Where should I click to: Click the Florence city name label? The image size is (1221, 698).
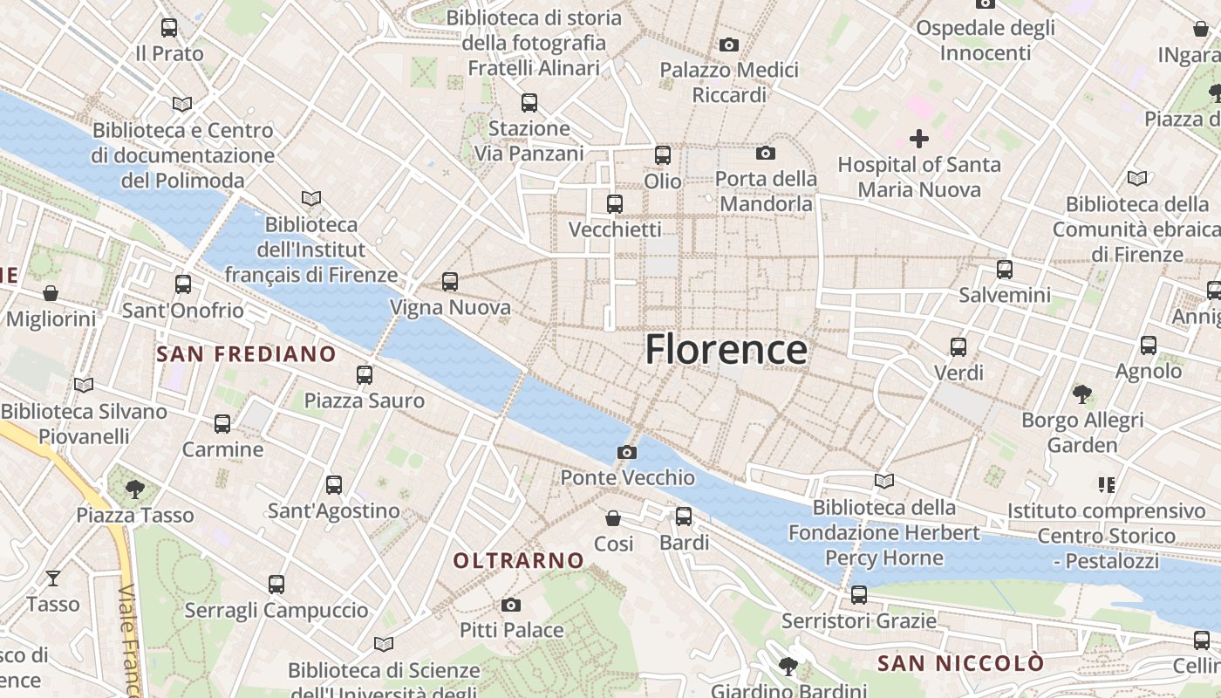click(726, 350)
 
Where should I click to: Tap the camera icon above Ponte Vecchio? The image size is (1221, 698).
click(626, 452)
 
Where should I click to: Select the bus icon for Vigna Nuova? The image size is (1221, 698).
click(450, 282)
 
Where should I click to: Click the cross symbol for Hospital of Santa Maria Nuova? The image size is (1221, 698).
click(918, 138)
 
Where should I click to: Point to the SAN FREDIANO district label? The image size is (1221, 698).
click(246, 353)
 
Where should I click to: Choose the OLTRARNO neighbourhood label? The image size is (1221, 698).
click(518, 560)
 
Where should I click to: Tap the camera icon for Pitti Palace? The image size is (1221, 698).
click(511, 605)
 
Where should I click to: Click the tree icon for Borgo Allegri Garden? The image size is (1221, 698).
click(1082, 394)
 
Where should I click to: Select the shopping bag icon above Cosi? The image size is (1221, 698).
click(614, 518)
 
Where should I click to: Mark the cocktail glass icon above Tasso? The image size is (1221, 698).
click(53, 578)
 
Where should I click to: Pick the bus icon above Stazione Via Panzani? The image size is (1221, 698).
click(529, 103)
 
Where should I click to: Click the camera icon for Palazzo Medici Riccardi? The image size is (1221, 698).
click(729, 44)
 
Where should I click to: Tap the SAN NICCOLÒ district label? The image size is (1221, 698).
click(959, 663)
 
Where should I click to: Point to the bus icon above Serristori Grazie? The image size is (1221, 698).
click(859, 595)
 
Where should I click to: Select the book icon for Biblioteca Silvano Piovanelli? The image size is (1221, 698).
click(84, 385)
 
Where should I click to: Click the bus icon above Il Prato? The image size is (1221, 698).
click(169, 28)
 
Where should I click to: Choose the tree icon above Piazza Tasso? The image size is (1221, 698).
click(134, 489)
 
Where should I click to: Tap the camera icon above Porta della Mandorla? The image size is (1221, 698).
click(766, 154)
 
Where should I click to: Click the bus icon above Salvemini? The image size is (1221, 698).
click(1005, 270)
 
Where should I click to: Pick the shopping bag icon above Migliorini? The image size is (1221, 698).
click(51, 293)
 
